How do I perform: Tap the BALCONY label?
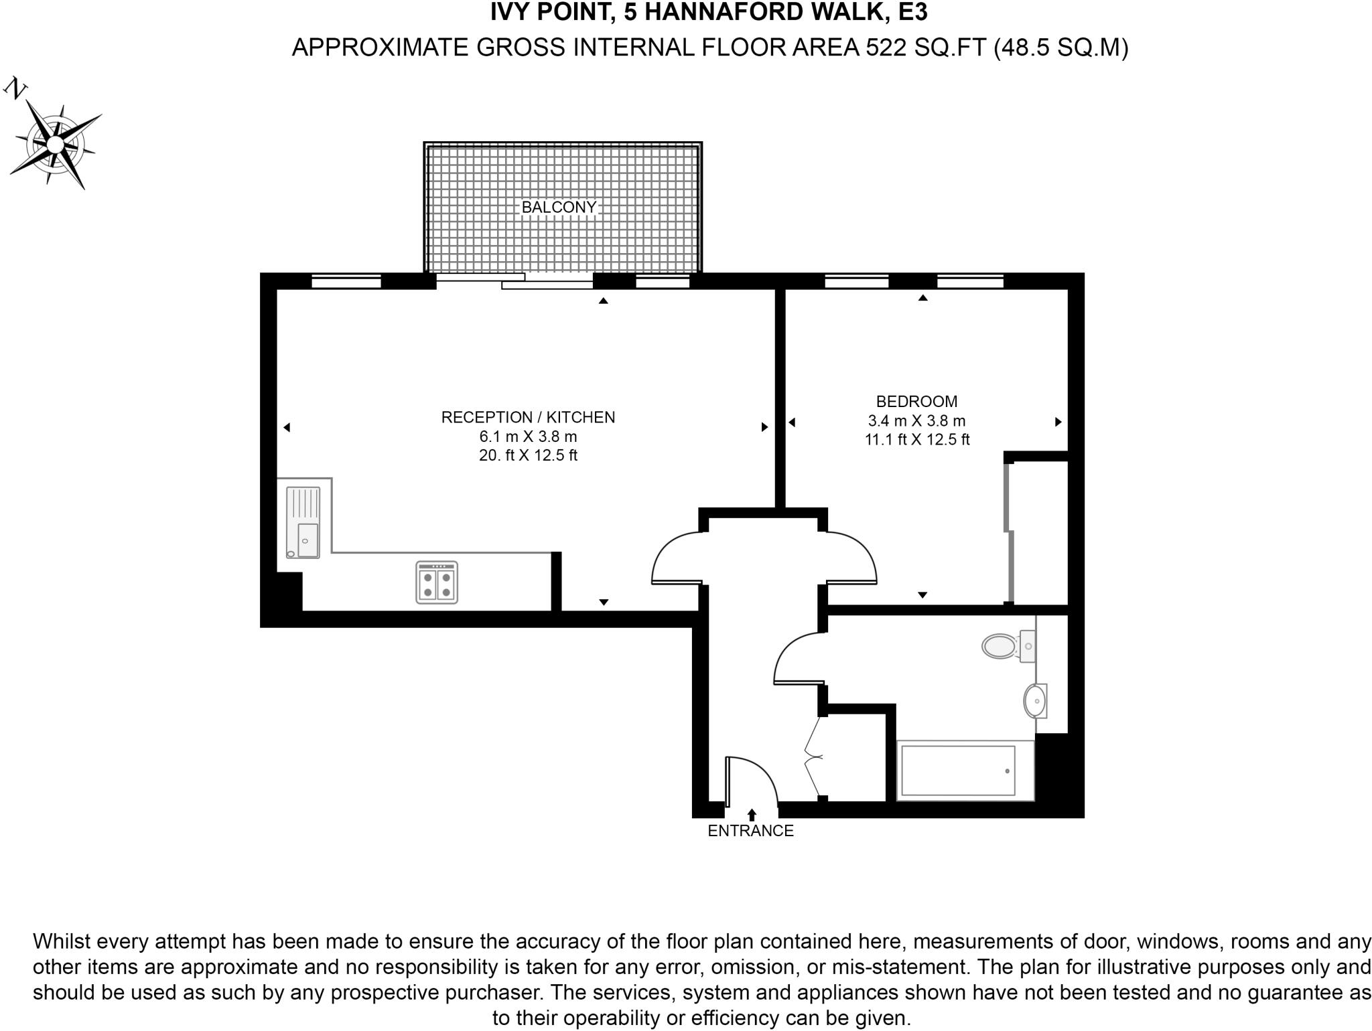[x=559, y=208]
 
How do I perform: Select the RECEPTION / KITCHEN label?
[x=528, y=417]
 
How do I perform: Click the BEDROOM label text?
[x=916, y=401]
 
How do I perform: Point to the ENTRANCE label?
[x=750, y=831]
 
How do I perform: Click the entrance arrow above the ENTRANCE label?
[x=752, y=815]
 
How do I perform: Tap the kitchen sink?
[x=303, y=522]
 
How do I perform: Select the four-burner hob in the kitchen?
[x=437, y=582]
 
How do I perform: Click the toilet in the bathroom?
[x=1001, y=646]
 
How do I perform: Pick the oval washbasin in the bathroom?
[x=1034, y=700]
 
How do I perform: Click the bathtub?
[x=958, y=770]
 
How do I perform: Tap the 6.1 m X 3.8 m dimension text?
[x=528, y=437]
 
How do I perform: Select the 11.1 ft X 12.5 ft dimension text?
[x=916, y=440]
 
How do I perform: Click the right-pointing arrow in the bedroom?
[x=1058, y=422]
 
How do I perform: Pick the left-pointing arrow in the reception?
[x=287, y=427]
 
